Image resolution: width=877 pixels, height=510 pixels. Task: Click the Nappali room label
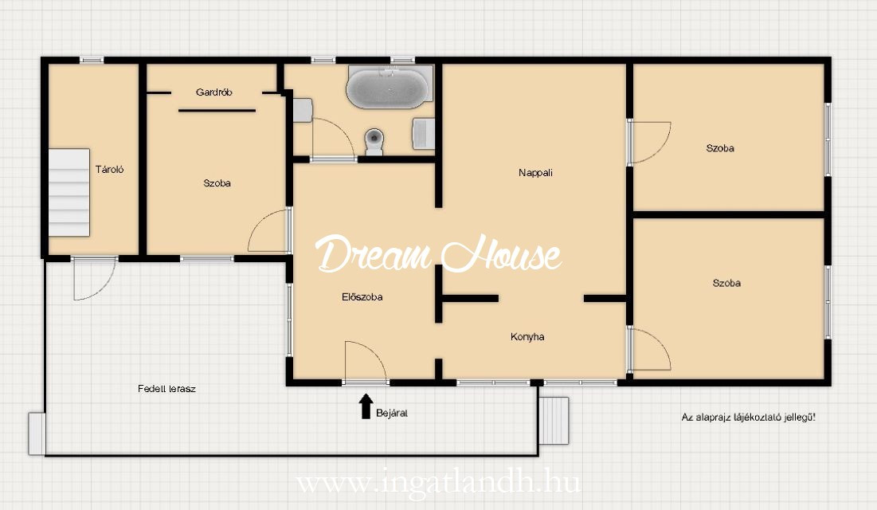pos(535,173)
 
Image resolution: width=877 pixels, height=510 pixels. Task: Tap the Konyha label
pos(527,337)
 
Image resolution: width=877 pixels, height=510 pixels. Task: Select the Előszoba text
pos(362,297)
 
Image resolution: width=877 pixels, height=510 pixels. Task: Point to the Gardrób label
pos(213,92)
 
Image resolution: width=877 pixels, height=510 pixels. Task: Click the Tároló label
pos(109,170)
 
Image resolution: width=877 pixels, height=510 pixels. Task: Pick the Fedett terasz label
pos(166,389)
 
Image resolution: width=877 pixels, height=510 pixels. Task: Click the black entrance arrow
pos(366,406)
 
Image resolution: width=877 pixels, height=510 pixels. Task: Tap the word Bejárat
pos(392,414)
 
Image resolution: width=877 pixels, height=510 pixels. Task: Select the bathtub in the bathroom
pos(390,87)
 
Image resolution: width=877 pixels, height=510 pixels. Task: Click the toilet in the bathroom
pos(374,142)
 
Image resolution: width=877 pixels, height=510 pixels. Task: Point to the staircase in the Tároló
pos(69,193)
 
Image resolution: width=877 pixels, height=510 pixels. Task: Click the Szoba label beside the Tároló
pos(217,183)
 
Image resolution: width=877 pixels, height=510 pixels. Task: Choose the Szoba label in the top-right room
pos(720,148)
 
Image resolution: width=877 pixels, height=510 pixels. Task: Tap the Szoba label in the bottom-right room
pos(726,283)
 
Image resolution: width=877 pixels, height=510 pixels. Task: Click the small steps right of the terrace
pos(554,421)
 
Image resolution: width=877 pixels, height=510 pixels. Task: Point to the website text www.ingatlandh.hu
pos(438,483)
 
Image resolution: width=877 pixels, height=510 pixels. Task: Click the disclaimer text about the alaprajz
pos(749,417)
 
